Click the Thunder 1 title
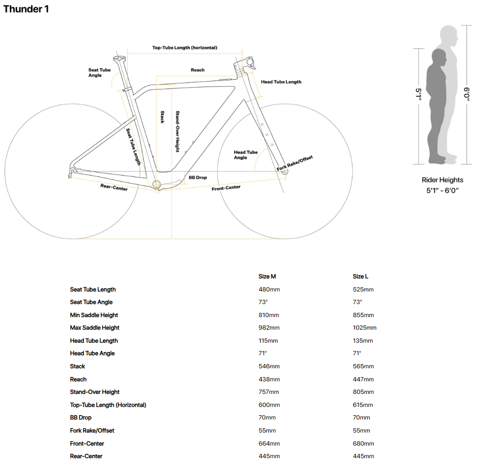[x=26, y=9]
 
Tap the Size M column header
[x=267, y=277]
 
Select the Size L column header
[x=360, y=277]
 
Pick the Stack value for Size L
[x=363, y=366]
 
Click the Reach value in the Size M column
[x=269, y=379]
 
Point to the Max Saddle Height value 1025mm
[x=364, y=328]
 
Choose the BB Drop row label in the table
[x=81, y=417]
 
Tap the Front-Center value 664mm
[x=269, y=443]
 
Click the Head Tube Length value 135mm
[x=363, y=340]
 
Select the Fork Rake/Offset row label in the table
[x=92, y=431]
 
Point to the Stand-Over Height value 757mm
[x=269, y=392]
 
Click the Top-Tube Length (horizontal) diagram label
[x=184, y=47]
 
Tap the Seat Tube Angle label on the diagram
[x=99, y=73]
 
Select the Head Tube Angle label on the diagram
[x=245, y=155]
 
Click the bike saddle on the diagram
[x=119, y=58]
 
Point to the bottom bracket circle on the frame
[x=156, y=184]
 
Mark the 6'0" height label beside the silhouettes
[x=466, y=94]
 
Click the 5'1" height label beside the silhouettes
[x=418, y=94]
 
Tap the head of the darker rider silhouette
[x=439, y=57]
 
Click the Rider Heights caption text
[x=442, y=180]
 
